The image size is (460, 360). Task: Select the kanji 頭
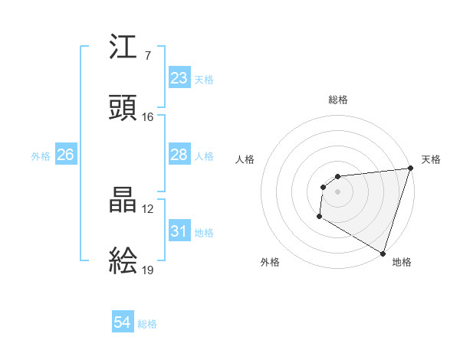(x=123, y=107)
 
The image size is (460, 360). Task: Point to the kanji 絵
(x=123, y=260)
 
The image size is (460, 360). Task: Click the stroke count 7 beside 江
(x=147, y=57)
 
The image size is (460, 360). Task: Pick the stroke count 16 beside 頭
(x=147, y=116)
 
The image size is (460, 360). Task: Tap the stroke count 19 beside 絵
(x=147, y=269)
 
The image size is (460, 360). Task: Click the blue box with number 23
(x=179, y=78)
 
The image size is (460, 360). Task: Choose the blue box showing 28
(x=179, y=155)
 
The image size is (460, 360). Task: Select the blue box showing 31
(x=179, y=231)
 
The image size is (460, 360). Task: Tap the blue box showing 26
(x=65, y=155)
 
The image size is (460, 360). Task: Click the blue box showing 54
(x=123, y=323)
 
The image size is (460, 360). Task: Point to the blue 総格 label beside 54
(x=147, y=324)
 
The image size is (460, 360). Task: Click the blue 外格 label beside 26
(x=41, y=155)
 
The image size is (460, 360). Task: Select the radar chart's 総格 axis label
(x=337, y=100)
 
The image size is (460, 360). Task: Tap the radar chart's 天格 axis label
(x=431, y=159)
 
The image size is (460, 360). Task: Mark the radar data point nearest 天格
(x=410, y=169)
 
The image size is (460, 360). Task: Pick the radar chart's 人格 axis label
(x=245, y=159)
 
